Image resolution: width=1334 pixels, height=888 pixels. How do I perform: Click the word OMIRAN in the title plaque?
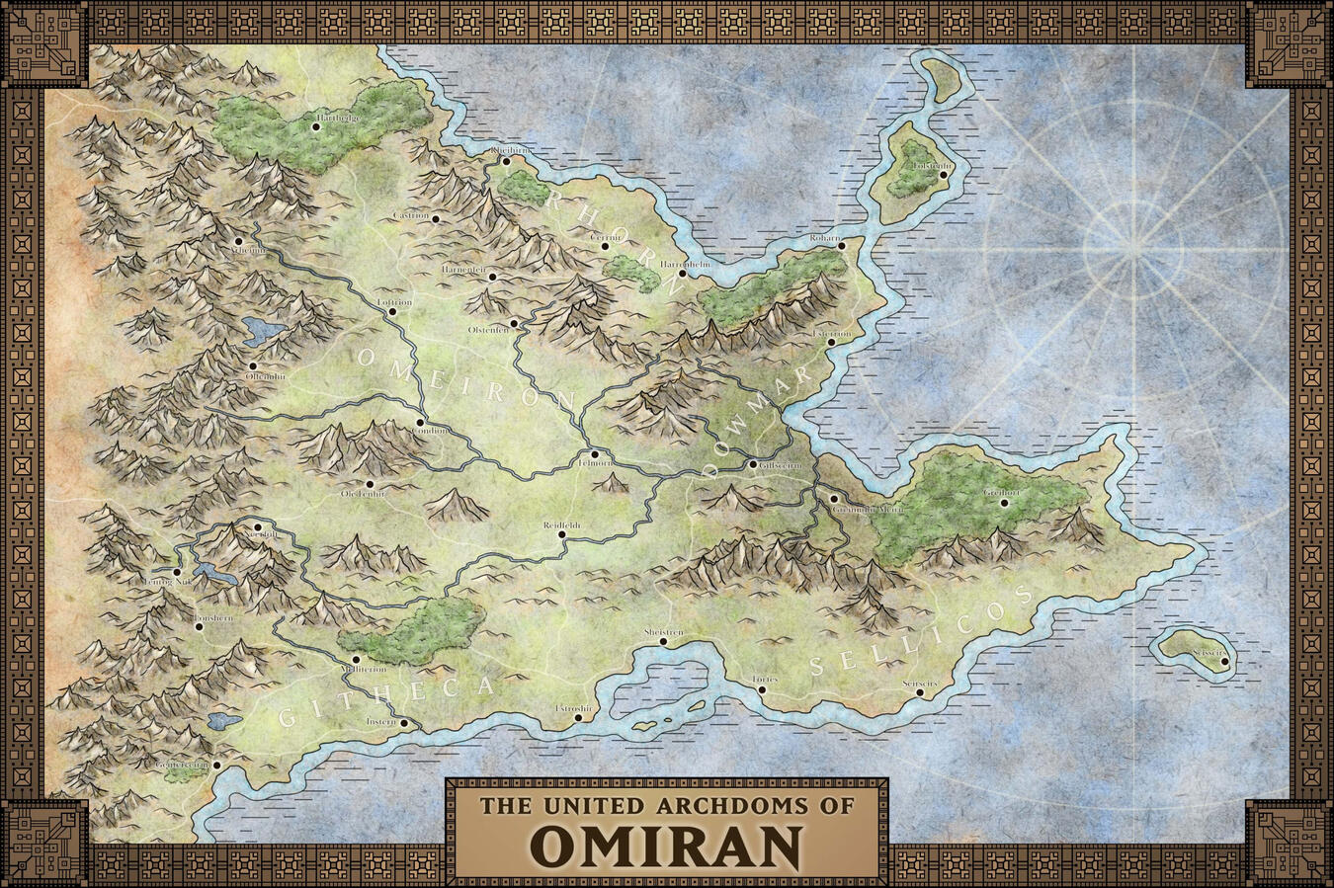coord(666,844)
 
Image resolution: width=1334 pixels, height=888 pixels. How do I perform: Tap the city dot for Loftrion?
coord(392,311)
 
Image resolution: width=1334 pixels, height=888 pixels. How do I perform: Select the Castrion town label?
coord(411,215)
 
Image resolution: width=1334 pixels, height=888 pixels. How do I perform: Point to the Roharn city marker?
coord(842,246)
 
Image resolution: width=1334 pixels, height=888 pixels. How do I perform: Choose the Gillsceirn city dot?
coord(752,464)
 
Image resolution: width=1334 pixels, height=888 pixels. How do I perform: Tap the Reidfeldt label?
coord(561,525)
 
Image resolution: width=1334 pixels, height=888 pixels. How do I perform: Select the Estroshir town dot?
coord(578,718)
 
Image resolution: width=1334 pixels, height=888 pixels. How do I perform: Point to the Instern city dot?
coord(404,722)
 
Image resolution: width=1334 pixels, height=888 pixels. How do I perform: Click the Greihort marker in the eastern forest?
coord(1004,502)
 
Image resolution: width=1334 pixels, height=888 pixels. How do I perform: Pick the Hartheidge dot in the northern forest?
coord(316,126)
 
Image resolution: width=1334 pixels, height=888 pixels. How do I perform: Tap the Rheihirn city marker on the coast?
coord(505,160)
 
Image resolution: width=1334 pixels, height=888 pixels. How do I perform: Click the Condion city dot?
coord(420,423)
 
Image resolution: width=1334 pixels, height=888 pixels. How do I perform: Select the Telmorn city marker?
coord(595,453)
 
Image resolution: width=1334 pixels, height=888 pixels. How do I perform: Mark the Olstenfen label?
coord(488,329)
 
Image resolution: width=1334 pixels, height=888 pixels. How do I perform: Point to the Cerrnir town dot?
coord(606,246)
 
